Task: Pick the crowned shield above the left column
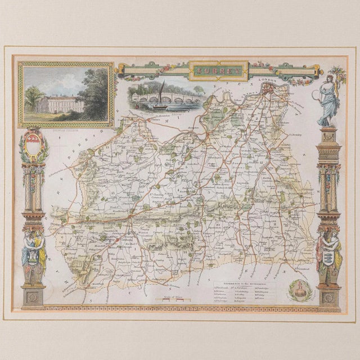coord(34,147)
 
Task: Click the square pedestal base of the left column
coord(34,296)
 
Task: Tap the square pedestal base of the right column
coord(329,296)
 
